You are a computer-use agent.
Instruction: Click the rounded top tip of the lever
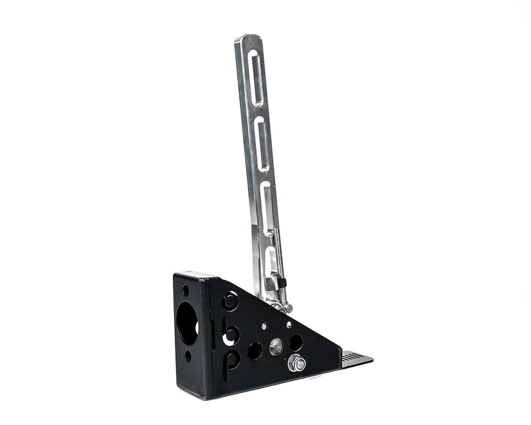pyautogui.click(x=248, y=40)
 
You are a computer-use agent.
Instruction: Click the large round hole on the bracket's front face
pyautogui.click(x=187, y=321)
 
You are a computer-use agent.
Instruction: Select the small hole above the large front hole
pyautogui.click(x=186, y=290)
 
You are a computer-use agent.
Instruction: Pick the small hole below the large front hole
pyautogui.click(x=188, y=355)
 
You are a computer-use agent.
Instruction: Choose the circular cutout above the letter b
pyautogui.click(x=231, y=301)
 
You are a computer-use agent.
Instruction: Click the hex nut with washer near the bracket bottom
pyautogui.click(x=297, y=364)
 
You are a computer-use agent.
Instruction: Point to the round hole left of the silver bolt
pyautogui.click(x=255, y=351)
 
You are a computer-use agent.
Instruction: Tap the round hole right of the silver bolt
pyautogui.click(x=296, y=342)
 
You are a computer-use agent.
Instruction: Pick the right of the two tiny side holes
pyautogui.click(x=289, y=325)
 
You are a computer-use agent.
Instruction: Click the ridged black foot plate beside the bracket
pyautogui.click(x=356, y=358)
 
